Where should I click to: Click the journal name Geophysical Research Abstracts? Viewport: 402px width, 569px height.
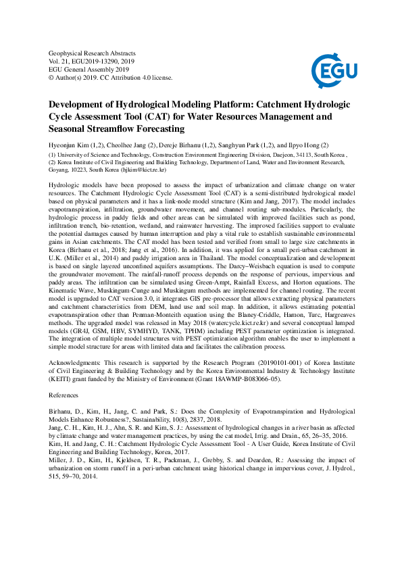[x=93, y=53]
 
